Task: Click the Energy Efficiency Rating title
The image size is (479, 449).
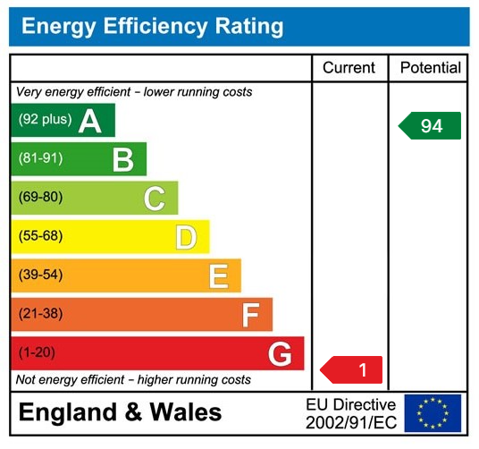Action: (152, 26)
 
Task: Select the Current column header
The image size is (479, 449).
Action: (349, 68)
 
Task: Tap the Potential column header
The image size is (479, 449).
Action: (430, 68)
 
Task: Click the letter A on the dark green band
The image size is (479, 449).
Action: (90, 121)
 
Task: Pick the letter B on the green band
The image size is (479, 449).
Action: (122, 159)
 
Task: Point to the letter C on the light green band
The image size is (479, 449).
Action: (155, 198)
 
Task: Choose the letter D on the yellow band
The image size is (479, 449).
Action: (186, 237)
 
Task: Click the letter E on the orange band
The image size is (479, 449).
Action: (218, 275)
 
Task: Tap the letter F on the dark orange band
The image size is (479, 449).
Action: (250, 315)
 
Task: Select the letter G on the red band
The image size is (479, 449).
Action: (280, 354)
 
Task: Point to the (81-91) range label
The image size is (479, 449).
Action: (40, 159)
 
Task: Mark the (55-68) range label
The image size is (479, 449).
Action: (40, 237)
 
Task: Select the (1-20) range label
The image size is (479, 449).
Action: (37, 353)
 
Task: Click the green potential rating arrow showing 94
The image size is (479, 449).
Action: (430, 126)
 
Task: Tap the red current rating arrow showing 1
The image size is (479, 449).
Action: (352, 369)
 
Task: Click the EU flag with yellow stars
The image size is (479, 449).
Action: (433, 413)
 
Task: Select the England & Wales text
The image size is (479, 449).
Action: (121, 412)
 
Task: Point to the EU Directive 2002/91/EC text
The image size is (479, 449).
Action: (350, 413)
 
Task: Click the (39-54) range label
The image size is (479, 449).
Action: (40, 275)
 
